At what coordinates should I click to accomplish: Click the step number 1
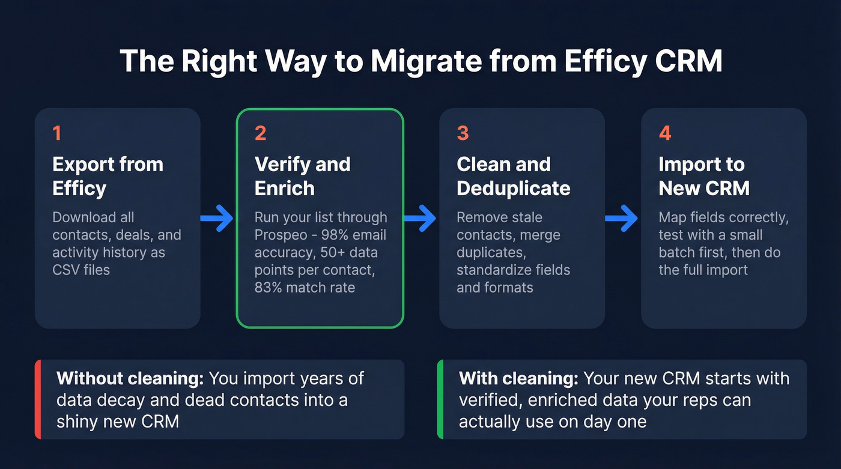pyautogui.click(x=57, y=133)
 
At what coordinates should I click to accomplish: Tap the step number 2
pyautogui.click(x=261, y=133)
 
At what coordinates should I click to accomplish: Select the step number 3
pyautogui.click(x=463, y=133)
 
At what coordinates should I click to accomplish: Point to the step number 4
pyautogui.click(x=665, y=133)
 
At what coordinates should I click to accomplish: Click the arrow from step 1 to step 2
pyautogui.click(x=217, y=219)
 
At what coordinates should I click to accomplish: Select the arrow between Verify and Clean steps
pyautogui.click(x=421, y=219)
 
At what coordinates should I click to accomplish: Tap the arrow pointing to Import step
pyautogui.click(x=622, y=219)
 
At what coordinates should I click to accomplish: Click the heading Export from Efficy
pyautogui.click(x=108, y=176)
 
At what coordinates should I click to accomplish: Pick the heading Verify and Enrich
pyautogui.click(x=302, y=176)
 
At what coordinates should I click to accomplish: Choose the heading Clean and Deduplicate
pyautogui.click(x=513, y=176)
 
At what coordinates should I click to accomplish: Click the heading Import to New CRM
pyautogui.click(x=703, y=176)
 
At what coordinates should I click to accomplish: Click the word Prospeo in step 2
pyautogui.click(x=280, y=235)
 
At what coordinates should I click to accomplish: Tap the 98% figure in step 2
pyautogui.click(x=323, y=235)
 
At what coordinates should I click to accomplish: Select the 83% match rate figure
pyautogui.click(x=268, y=287)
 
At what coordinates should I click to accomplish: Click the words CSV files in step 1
pyautogui.click(x=81, y=270)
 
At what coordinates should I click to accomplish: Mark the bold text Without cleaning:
pyautogui.click(x=130, y=379)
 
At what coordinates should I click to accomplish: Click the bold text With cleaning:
pyautogui.click(x=518, y=379)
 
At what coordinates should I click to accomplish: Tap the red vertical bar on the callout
pyautogui.click(x=37, y=399)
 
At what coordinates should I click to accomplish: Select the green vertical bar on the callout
pyautogui.click(x=440, y=399)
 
